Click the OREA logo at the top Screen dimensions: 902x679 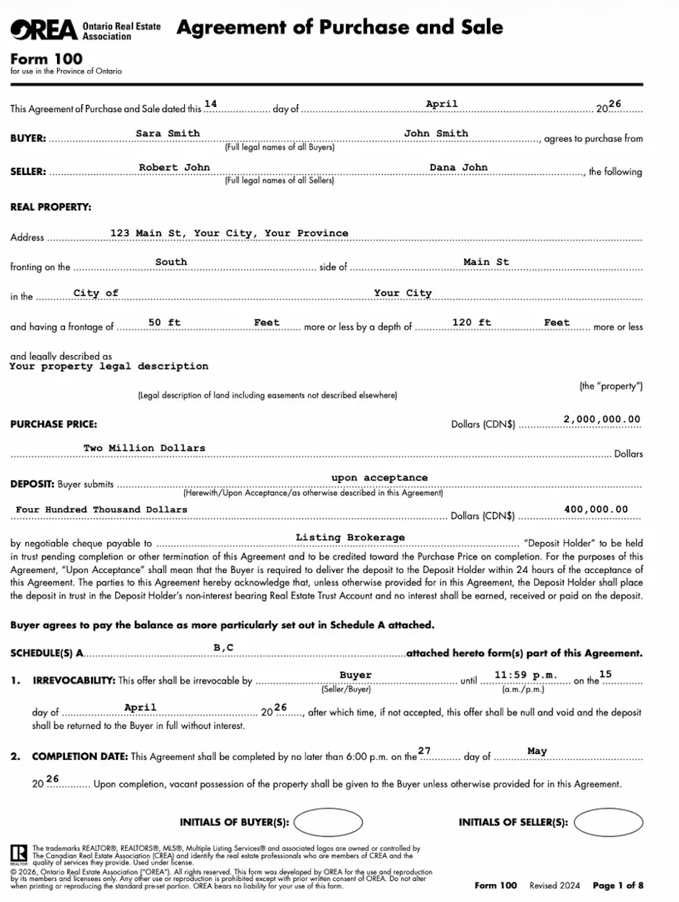43,29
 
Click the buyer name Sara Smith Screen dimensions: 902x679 168,134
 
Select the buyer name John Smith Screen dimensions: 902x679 436,134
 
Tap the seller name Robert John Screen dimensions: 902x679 174,168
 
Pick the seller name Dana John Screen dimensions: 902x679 458,168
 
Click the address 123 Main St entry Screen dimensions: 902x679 229,233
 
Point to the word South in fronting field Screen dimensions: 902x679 171,262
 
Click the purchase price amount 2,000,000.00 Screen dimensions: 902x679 602,420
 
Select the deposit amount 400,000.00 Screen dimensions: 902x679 596,509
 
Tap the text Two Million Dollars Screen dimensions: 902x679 144,448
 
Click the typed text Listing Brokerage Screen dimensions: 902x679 350,538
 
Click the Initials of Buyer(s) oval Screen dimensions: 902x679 328,822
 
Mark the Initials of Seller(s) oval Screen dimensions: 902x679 608,822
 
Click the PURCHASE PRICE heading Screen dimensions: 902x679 54,424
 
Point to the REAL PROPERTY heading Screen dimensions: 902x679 50,207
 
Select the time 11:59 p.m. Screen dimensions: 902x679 526,675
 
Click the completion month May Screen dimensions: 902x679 537,751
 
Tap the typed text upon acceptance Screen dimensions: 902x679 379,478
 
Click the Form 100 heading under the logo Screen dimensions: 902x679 46,59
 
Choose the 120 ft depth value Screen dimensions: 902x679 471,323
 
